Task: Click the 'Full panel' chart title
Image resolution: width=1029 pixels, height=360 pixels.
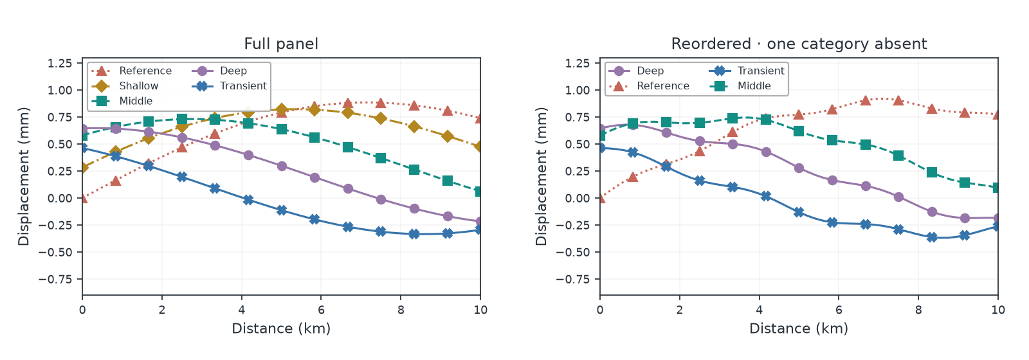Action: tap(281, 44)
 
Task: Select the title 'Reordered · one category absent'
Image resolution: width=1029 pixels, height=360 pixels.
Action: tap(799, 44)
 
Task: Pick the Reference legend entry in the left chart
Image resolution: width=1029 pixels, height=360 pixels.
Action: tap(132, 71)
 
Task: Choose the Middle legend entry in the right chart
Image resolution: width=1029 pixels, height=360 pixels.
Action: tap(740, 86)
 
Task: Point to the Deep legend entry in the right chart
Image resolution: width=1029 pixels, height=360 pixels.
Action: tap(637, 71)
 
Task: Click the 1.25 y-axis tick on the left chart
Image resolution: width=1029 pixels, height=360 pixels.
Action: tap(60, 63)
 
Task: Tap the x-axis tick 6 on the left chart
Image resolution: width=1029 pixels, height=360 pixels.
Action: tap(321, 310)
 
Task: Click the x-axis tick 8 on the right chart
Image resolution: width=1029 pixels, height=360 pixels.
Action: tap(918, 310)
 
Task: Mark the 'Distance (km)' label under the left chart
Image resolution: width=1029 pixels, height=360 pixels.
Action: tap(281, 328)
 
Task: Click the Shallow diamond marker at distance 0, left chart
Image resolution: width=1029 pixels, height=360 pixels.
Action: tap(83, 168)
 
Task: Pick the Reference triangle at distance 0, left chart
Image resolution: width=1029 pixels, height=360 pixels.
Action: tap(83, 198)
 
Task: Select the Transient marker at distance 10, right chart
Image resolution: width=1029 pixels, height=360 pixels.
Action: tap(997, 226)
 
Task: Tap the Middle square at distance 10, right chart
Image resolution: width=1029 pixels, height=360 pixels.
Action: tap(997, 188)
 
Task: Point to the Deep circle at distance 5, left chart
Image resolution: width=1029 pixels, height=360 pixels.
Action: tap(282, 166)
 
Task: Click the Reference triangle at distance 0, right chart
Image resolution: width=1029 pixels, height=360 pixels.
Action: tap(601, 198)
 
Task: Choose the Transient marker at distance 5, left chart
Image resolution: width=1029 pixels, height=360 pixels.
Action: tap(282, 210)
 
